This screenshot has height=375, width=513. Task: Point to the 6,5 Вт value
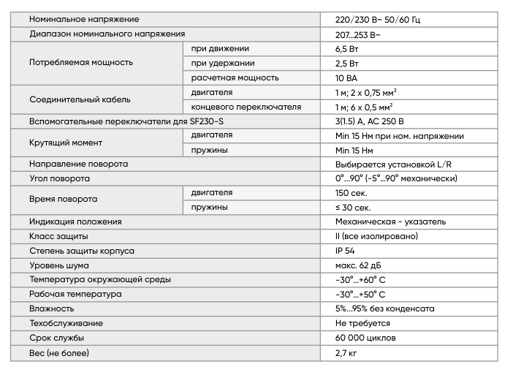pyautogui.click(x=347, y=48)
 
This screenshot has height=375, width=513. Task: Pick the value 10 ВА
pyautogui.click(x=346, y=77)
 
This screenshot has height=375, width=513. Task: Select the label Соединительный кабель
pyautogui.click(x=80, y=99)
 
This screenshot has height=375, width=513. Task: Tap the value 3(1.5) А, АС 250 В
pyautogui.click(x=369, y=121)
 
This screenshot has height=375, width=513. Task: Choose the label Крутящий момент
pyautogui.click(x=66, y=143)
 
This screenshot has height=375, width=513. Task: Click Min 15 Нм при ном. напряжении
pyautogui.click(x=399, y=135)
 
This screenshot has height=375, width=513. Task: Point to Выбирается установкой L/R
pyautogui.click(x=393, y=164)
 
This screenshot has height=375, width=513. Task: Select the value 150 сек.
pyautogui.click(x=351, y=193)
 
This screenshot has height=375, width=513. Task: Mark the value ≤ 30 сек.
pyautogui.click(x=353, y=207)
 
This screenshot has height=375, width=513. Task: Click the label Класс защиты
pyautogui.click(x=58, y=236)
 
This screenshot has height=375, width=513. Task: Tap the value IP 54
pyautogui.click(x=344, y=251)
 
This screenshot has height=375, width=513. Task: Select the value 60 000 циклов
pyautogui.click(x=365, y=338)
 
